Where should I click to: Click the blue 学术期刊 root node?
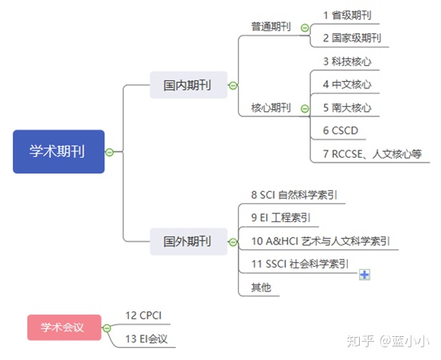(x=58, y=151)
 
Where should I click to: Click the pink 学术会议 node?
(x=64, y=327)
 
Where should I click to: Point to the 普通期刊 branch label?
(x=271, y=27)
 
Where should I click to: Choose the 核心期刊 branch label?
(x=271, y=108)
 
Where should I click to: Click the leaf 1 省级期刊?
(x=347, y=15)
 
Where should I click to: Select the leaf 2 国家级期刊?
(x=352, y=37)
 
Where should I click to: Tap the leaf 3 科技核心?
(x=347, y=61)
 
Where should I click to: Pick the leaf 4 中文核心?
(x=347, y=84)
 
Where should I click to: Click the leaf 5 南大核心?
(x=347, y=108)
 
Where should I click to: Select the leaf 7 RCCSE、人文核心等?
(x=371, y=154)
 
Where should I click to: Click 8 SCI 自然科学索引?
(x=299, y=194)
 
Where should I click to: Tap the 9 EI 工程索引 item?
(x=280, y=217)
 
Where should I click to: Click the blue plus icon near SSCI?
(x=365, y=274)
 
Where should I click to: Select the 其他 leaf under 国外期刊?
(x=260, y=287)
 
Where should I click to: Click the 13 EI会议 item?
(x=147, y=338)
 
